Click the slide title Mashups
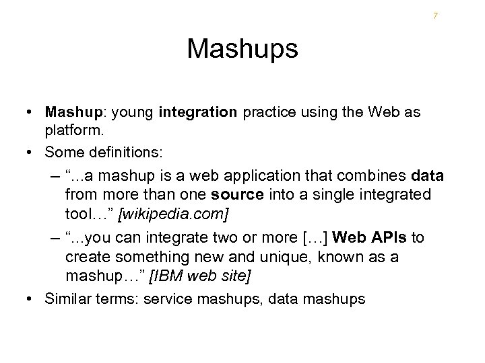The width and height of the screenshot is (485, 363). click(x=243, y=49)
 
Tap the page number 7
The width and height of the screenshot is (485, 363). click(x=435, y=15)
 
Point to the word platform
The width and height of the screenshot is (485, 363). click(x=69, y=128)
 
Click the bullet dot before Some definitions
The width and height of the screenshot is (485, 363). click(x=32, y=153)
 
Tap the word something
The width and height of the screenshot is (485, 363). click(x=146, y=257)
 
